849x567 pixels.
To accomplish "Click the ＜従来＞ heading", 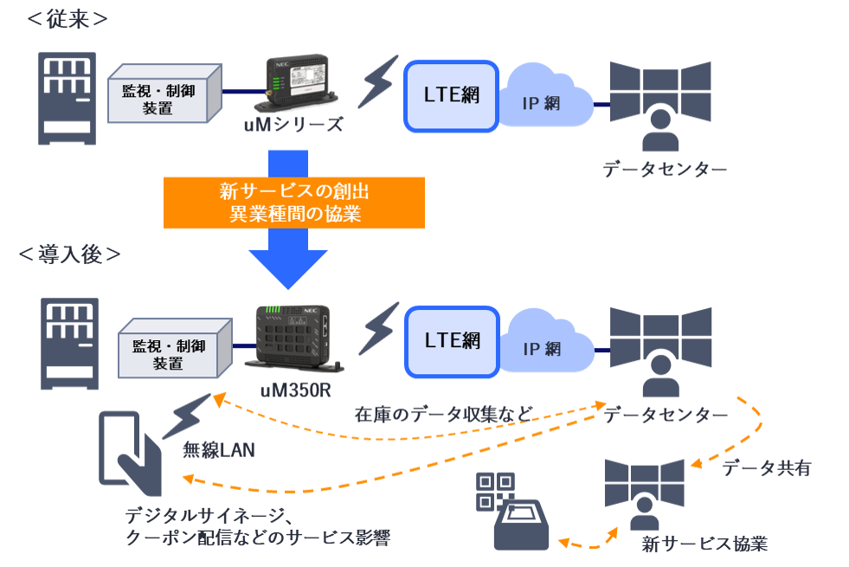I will pos(68,19).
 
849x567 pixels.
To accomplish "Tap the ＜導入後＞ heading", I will pos(69,254).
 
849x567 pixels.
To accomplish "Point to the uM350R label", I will pos(295,389).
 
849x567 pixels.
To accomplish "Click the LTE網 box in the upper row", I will pos(452,95).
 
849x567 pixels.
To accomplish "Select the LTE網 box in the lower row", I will pos(452,341).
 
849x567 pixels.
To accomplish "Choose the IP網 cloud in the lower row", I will pos(543,347).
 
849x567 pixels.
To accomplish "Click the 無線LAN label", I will pos(217,450).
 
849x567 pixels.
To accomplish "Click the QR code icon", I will pos(496,492).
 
